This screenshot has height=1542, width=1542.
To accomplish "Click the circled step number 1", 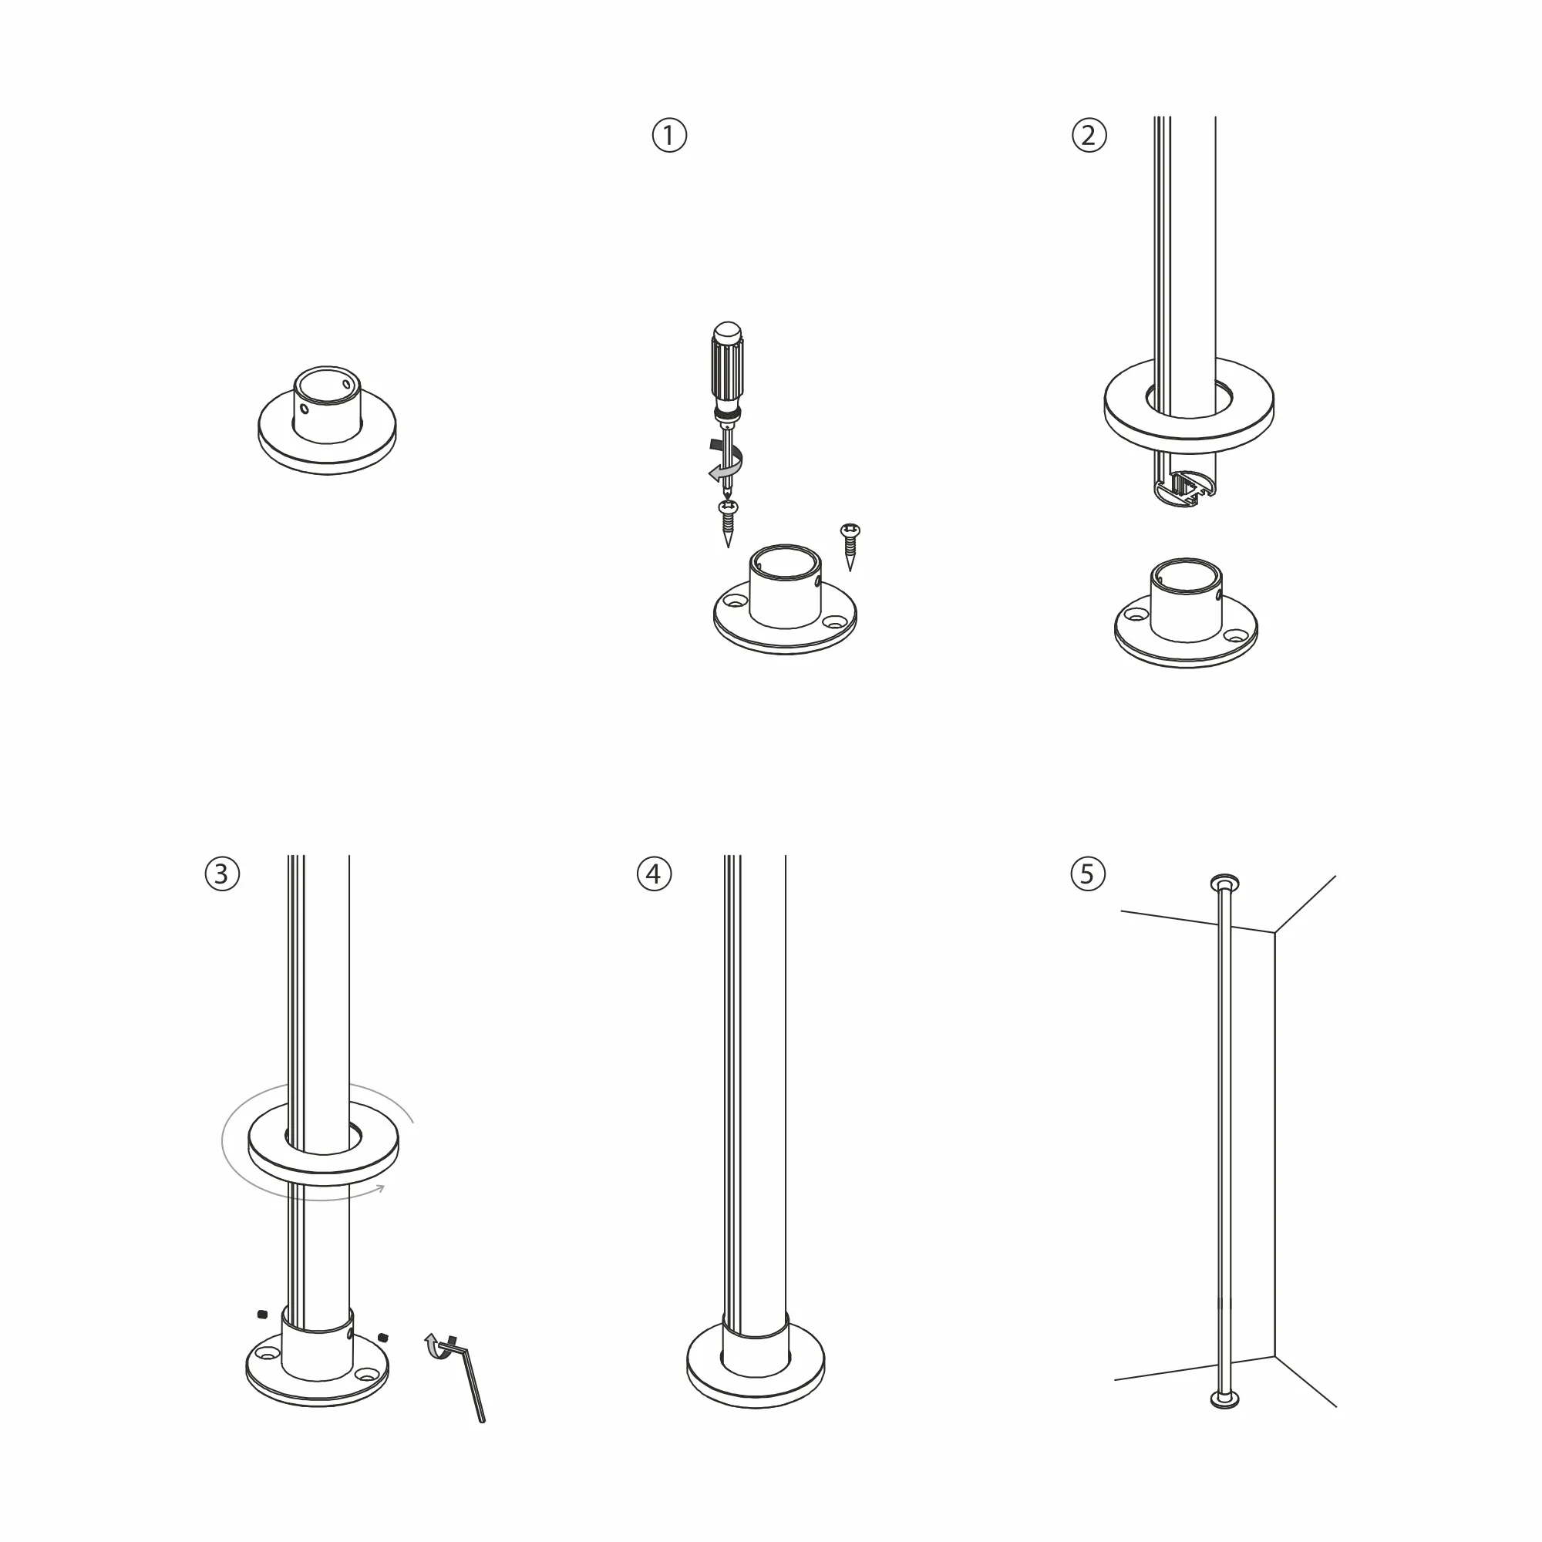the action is (x=668, y=135).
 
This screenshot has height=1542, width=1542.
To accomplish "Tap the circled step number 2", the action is (x=1089, y=135).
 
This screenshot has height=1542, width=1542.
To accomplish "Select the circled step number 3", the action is (x=222, y=874).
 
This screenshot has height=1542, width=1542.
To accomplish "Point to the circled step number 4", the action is (x=654, y=874).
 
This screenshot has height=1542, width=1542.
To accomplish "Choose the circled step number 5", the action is (x=1087, y=874).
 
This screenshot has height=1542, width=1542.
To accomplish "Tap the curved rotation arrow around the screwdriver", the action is (x=726, y=461).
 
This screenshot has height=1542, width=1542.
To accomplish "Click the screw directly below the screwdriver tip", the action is (x=728, y=523).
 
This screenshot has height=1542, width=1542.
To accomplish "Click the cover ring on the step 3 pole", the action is (x=323, y=1148).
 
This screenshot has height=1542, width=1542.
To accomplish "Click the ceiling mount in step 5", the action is (x=1224, y=882).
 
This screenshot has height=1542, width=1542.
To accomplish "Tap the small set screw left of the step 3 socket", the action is (x=261, y=1314).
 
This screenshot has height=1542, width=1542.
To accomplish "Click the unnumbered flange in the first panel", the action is (x=327, y=421).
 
